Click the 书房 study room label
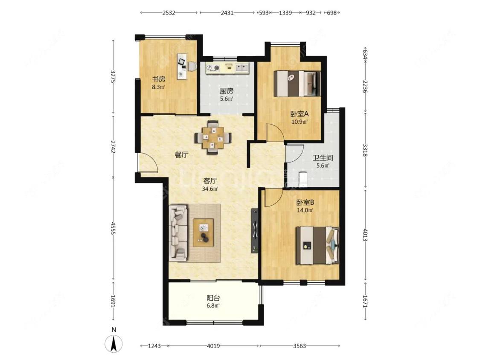[x=159, y=79]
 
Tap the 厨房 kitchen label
[x=227, y=91]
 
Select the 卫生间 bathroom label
[x=323, y=158]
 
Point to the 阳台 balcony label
[x=213, y=298]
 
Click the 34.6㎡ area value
[x=210, y=189]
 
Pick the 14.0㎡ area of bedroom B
[x=305, y=210]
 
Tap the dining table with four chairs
[x=213, y=137]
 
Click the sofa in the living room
[x=178, y=233]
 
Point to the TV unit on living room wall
[x=255, y=230]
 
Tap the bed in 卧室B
[x=317, y=245]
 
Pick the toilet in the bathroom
[x=303, y=179]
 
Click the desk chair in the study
[x=192, y=66]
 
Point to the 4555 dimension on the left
[x=113, y=228]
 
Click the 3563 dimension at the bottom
[x=300, y=346]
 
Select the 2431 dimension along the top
[x=227, y=13]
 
